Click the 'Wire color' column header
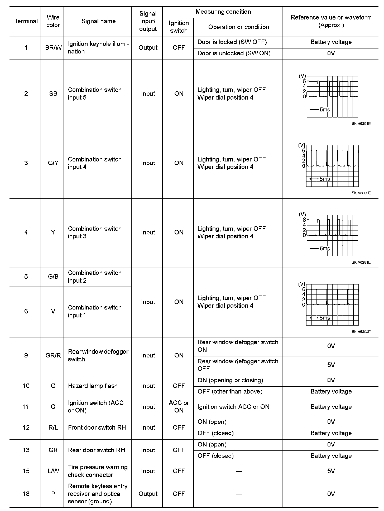(x=53, y=21)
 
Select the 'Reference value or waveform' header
(x=331, y=21)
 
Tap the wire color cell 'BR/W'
(x=53, y=48)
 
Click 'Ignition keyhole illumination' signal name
(x=98, y=48)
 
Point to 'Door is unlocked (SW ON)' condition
(x=234, y=53)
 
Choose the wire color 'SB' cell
(x=53, y=94)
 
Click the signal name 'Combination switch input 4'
(x=95, y=163)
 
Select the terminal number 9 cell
(x=26, y=355)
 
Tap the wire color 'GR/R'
(x=53, y=355)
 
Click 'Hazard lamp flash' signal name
(x=93, y=386)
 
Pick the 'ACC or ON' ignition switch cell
(x=179, y=406)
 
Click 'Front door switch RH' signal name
(x=97, y=427)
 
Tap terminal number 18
(x=26, y=494)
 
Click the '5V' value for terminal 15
(x=331, y=471)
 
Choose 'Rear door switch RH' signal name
(x=96, y=450)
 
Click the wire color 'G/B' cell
(x=53, y=277)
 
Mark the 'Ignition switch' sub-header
(x=179, y=27)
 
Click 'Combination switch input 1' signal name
(x=95, y=311)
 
